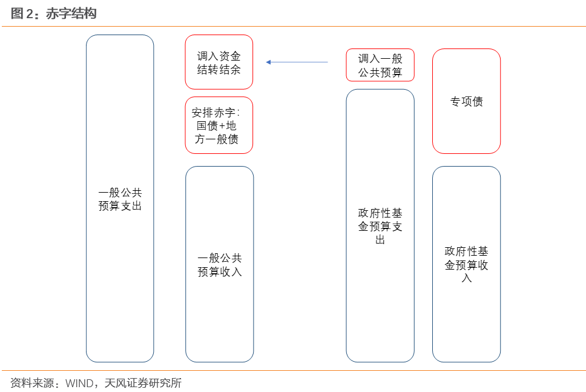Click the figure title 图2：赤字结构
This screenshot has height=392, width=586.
53,13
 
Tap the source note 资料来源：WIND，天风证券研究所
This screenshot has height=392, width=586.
96,383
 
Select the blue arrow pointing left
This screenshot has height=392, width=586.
297,62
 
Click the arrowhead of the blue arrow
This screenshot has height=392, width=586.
268,62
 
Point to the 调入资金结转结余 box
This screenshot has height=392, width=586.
219,62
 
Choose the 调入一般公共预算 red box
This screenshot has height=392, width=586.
380,65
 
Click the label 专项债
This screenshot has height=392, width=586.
466,101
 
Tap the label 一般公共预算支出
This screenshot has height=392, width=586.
120,199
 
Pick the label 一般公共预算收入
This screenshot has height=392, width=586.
220,265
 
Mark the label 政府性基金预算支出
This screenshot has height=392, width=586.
380,226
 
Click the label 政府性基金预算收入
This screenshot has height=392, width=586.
466,264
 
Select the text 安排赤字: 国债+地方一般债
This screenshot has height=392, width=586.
217,125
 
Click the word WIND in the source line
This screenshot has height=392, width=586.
79,383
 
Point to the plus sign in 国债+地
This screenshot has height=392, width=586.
222,126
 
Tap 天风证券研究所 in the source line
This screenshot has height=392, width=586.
143,383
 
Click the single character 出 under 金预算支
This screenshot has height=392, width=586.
380,239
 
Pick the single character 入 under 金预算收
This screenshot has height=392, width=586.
466,278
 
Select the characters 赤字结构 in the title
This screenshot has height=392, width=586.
71,13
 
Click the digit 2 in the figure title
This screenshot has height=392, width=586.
30,14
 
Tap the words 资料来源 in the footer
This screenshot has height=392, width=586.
32,383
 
